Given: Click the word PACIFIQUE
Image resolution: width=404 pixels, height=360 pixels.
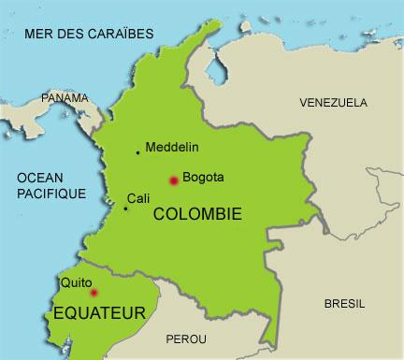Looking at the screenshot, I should point(51,193).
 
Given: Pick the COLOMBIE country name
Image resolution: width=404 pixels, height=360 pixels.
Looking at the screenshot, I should point(196,214).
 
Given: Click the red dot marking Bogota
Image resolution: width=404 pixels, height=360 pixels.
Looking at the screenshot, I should point(172,180).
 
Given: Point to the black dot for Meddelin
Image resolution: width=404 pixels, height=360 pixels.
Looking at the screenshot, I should point(138,152).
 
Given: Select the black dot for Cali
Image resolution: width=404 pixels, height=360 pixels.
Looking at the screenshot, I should point(126,208).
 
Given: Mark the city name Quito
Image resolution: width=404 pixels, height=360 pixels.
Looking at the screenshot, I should point(77,281).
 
